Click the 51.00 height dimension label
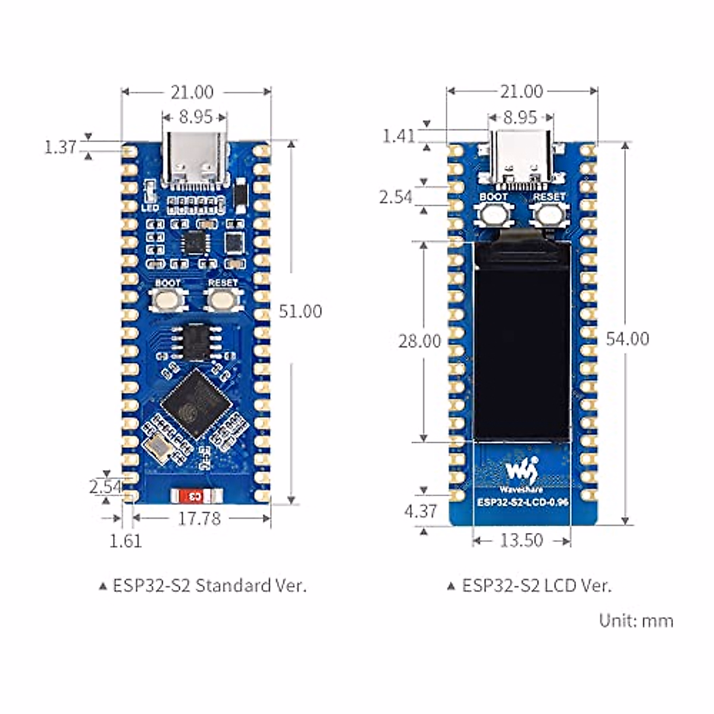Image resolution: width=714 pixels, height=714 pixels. point(300,311)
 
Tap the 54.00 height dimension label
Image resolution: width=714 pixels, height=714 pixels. point(627,339)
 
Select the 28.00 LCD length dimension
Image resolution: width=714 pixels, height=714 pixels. point(419,341)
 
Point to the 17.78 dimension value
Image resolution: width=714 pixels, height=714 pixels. point(199,518)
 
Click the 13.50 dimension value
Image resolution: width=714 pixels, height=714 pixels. point(521,540)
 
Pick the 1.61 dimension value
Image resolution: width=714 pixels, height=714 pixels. point(126,540)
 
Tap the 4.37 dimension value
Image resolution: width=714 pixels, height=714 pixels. point(421,511)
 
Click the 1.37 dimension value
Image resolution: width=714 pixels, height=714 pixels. point(61,147)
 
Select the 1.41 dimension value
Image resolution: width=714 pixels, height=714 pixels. point(398,136)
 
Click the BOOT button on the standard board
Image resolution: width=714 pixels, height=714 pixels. point(167,300)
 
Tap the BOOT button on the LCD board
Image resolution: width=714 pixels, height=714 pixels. point(494,215)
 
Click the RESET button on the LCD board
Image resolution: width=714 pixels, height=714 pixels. point(549,215)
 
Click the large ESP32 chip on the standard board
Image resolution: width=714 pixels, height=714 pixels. point(196,404)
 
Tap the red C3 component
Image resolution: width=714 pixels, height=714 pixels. point(194,496)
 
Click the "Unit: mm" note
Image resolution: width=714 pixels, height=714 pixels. point(636,621)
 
